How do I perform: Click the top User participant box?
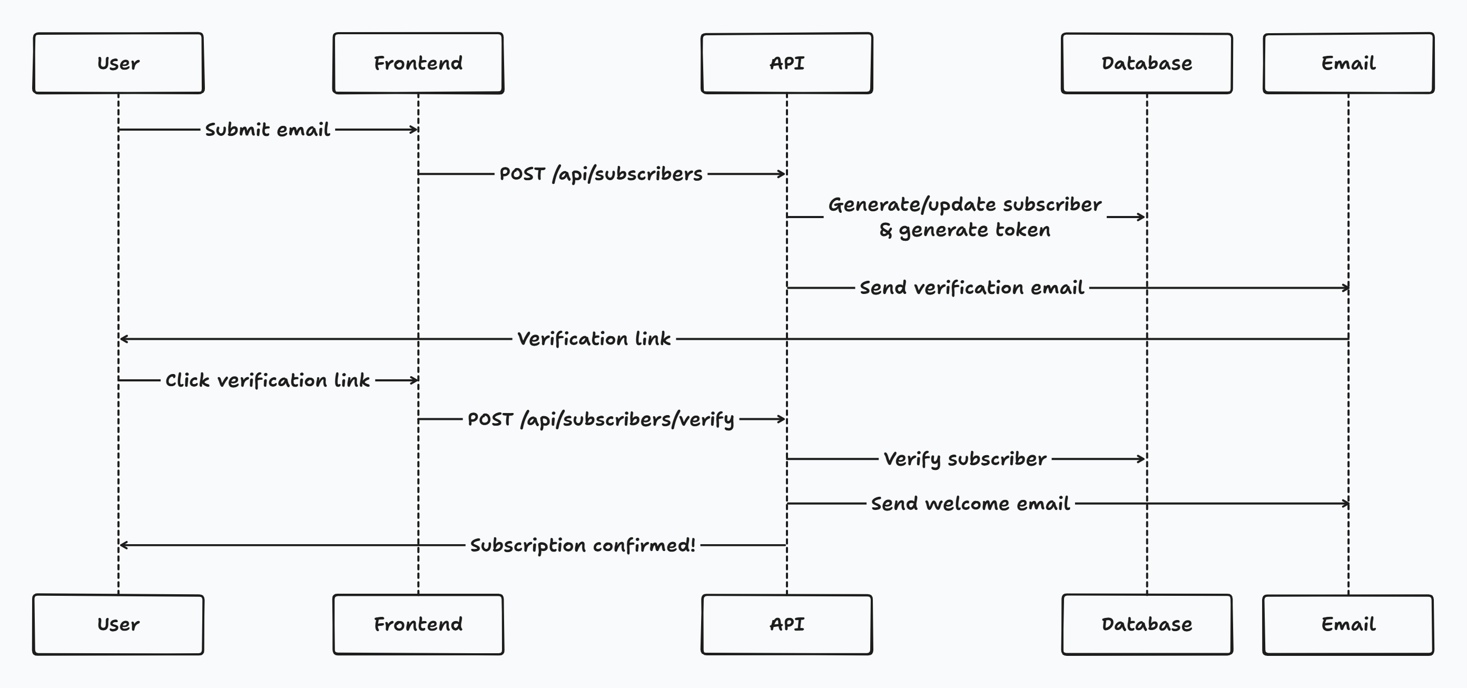click(118, 63)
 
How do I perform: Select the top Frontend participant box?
click(418, 63)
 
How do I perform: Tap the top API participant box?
click(786, 63)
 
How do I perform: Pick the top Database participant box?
click(1146, 63)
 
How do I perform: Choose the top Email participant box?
click(1348, 63)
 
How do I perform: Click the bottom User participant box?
click(118, 624)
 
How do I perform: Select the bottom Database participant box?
click(1146, 624)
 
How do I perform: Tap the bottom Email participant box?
click(1348, 624)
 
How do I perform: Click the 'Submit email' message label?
click(268, 130)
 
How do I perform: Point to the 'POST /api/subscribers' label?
click(601, 174)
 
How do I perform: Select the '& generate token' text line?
click(964, 230)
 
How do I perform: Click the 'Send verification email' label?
click(971, 288)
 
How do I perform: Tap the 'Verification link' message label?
click(594, 339)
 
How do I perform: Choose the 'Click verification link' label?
click(268, 380)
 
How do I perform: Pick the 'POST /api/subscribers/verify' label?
click(601, 420)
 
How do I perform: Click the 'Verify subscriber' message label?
click(964, 458)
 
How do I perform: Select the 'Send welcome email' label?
click(970, 504)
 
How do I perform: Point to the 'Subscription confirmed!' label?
click(583, 545)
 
